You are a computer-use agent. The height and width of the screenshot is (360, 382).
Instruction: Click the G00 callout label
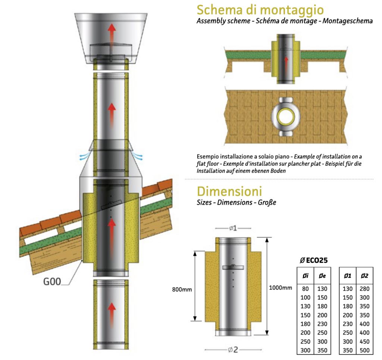click(52, 282)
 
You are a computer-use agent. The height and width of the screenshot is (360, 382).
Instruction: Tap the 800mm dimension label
click(182, 289)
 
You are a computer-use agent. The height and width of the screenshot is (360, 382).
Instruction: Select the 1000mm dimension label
click(281, 288)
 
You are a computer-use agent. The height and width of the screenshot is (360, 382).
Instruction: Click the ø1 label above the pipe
click(233, 228)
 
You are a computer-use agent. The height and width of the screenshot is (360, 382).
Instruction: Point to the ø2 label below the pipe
click(233, 350)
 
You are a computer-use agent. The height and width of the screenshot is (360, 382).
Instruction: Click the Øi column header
click(305, 276)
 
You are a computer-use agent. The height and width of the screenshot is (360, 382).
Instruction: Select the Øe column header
click(322, 276)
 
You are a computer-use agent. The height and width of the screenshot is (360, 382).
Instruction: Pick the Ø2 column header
click(364, 276)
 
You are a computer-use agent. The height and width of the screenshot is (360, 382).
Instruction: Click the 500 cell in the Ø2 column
click(364, 350)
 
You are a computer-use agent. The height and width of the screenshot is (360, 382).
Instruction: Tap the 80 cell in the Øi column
click(305, 289)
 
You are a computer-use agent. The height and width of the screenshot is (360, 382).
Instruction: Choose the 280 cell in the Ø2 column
click(364, 289)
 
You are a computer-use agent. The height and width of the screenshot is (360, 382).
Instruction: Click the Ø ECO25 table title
click(313, 260)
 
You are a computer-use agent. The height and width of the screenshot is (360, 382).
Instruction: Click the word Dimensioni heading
click(229, 191)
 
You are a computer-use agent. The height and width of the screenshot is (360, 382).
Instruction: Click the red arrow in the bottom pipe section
click(112, 315)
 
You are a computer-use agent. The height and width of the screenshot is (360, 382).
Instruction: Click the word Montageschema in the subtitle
click(348, 21)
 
